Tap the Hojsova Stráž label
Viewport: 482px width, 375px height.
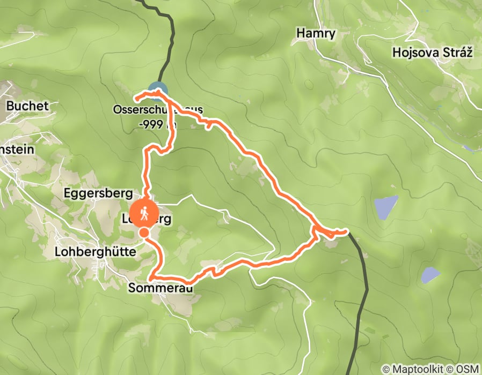425,52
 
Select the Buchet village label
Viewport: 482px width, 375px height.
27,106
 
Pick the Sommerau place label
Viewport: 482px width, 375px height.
160,288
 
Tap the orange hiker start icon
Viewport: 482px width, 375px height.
144,214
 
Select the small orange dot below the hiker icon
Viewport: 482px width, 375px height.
144,233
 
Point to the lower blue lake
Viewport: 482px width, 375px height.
430,275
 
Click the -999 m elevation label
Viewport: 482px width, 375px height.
156,123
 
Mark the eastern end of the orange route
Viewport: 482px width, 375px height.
347,231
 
